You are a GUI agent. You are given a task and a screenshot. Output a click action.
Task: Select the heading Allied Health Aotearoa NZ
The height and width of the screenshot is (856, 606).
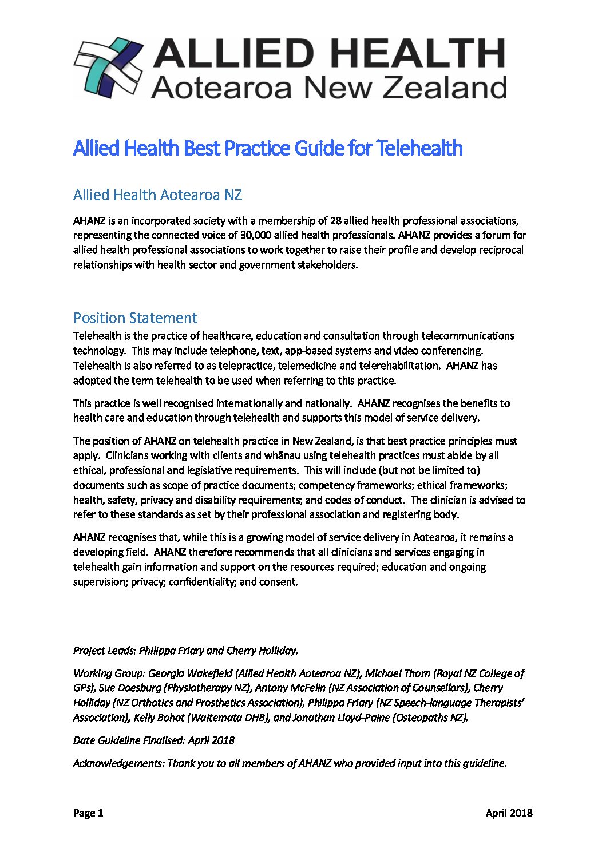(157, 195)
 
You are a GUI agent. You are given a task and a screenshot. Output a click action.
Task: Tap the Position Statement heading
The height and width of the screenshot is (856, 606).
(135, 318)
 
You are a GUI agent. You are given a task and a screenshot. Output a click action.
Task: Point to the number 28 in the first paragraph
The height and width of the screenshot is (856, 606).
(336, 221)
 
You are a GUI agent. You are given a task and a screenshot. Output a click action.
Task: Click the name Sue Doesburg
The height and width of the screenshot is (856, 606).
(130, 688)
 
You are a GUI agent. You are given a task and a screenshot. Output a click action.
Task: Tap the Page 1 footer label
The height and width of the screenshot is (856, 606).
(88, 813)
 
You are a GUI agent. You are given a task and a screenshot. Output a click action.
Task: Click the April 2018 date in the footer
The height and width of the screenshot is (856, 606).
(509, 813)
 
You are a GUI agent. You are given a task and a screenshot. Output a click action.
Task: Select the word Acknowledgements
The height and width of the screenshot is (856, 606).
(118, 763)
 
